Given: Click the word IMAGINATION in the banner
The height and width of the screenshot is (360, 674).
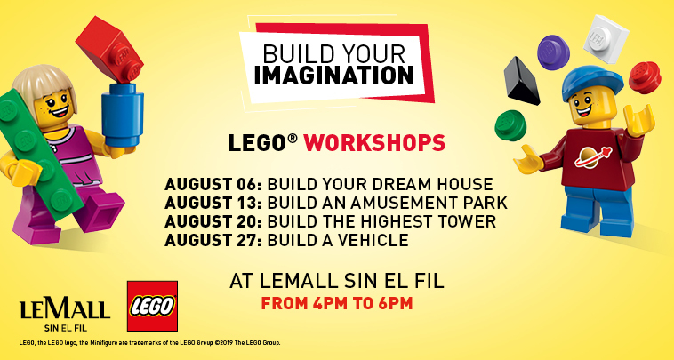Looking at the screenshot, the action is pyautogui.click(x=333, y=75).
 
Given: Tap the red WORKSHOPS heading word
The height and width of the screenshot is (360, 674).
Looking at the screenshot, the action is pyautogui.click(x=374, y=143).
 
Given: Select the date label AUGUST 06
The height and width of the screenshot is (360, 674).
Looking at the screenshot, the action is pyautogui.click(x=213, y=184).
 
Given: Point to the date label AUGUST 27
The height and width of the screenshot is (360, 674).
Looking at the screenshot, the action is pyautogui.click(x=213, y=240).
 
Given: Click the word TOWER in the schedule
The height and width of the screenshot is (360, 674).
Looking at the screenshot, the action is pyautogui.click(x=467, y=221).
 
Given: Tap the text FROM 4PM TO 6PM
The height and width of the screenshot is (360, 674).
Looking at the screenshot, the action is pyautogui.click(x=337, y=303).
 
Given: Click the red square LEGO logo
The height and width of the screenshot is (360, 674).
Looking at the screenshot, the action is pyautogui.click(x=153, y=306).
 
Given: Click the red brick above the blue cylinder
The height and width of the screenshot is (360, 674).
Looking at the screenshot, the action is pyautogui.click(x=111, y=49).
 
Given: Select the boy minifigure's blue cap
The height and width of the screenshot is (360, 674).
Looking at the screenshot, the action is pyautogui.click(x=592, y=82).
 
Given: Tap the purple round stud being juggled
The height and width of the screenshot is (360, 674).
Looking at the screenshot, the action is pyautogui.click(x=553, y=52).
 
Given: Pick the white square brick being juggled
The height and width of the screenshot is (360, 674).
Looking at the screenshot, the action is pyautogui.click(x=606, y=38).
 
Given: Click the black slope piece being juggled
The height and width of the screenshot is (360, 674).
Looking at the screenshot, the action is pyautogui.click(x=521, y=82).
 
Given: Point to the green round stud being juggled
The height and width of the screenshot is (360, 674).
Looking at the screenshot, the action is pyautogui.click(x=510, y=125).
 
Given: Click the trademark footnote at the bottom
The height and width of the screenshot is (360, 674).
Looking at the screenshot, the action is pyautogui.click(x=149, y=343).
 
